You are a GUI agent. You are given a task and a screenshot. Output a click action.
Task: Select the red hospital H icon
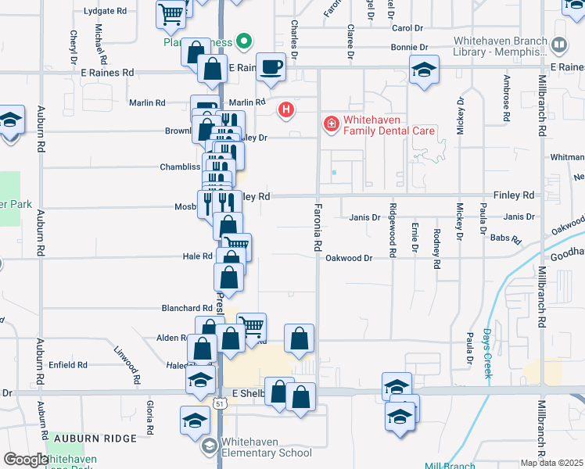tap(286, 109)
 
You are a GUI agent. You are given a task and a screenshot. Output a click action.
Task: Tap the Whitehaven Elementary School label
tap(259, 446)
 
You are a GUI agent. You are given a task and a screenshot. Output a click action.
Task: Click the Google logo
tap(26, 460)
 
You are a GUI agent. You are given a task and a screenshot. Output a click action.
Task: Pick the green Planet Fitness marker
tap(244, 41)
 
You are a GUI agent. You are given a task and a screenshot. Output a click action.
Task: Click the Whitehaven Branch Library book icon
tap(559, 46)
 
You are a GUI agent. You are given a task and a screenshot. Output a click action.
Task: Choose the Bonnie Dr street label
tap(407, 48)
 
